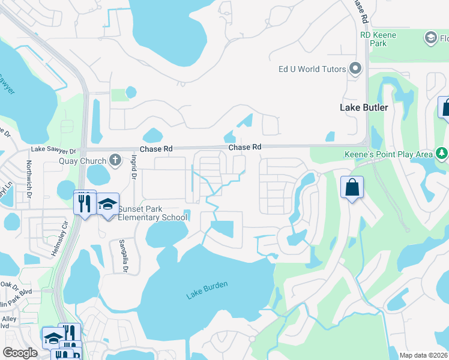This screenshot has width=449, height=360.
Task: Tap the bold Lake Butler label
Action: (364, 108)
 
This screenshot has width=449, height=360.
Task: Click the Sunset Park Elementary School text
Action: (152, 213)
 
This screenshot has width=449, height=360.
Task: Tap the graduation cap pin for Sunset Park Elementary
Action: (108, 204)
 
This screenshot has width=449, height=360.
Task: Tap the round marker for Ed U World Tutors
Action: (356, 68)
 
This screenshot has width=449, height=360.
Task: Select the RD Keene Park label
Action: (378, 39)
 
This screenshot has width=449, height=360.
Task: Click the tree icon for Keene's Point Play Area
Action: (442, 154)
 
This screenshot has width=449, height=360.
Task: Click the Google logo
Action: (20, 353)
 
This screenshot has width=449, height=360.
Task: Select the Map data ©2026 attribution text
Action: (423, 356)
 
